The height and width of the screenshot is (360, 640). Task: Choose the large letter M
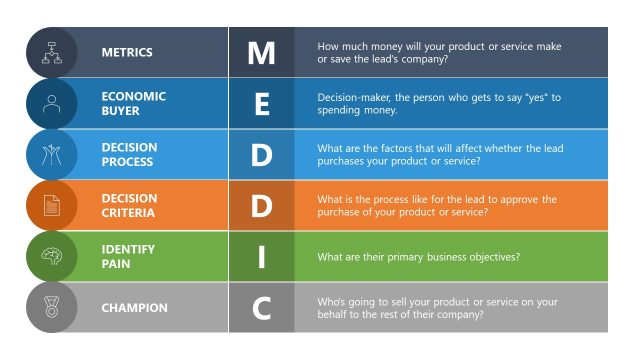point(261,52)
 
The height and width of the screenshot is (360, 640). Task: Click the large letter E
point(261,103)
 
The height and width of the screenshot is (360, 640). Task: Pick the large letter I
point(261,257)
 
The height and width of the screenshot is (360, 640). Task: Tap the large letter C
point(261,308)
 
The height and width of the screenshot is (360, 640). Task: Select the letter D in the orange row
point(261,205)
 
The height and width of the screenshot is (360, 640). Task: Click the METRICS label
point(126,52)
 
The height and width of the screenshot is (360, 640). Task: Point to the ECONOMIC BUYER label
point(133,103)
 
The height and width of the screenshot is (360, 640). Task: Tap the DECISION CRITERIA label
point(129,205)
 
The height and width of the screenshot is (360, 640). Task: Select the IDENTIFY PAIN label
point(127,257)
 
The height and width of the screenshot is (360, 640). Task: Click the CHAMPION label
point(133,308)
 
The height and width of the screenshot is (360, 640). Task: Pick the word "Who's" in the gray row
point(331,302)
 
